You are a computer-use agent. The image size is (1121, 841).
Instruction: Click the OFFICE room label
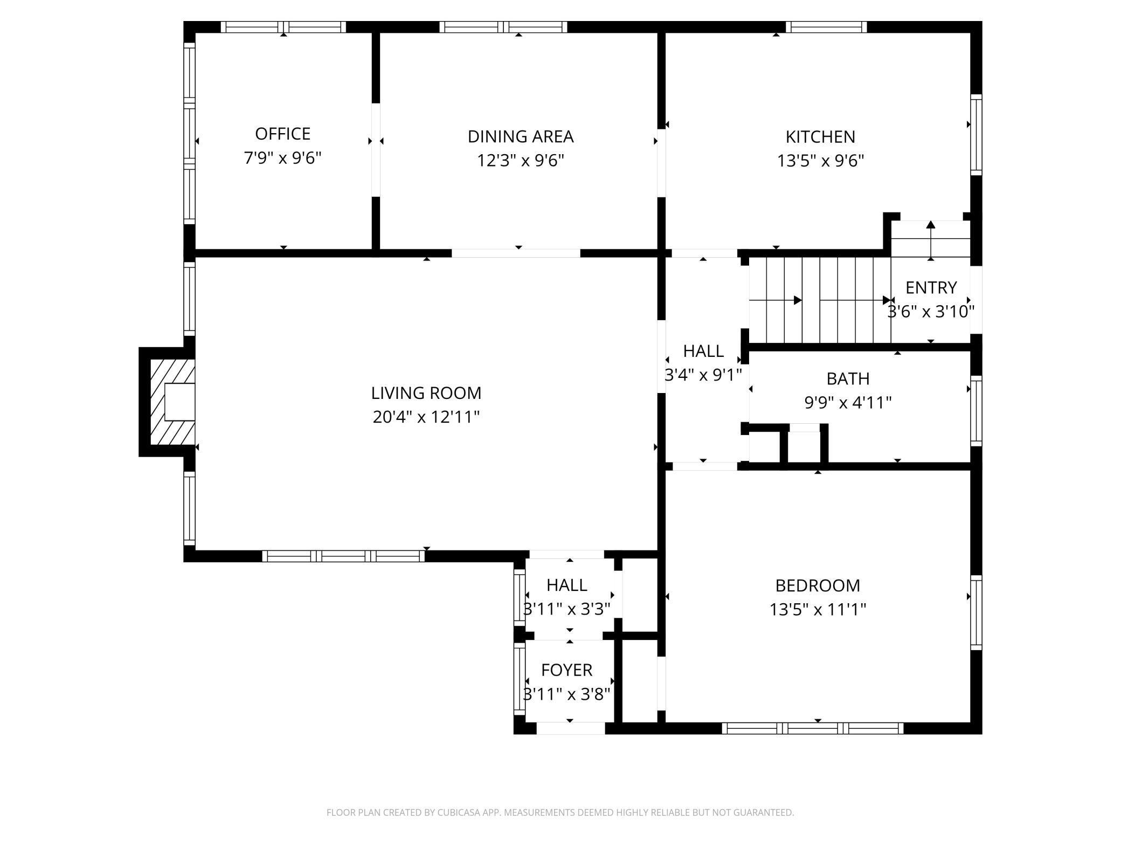click(x=282, y=134)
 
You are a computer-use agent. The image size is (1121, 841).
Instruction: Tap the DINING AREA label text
click(x=521, y=137)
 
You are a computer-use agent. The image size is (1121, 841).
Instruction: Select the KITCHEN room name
click(x=820, y=137)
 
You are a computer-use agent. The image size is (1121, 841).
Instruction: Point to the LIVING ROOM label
click(x=426, y=393)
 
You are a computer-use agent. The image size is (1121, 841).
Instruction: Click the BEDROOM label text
click(x=818, y=585)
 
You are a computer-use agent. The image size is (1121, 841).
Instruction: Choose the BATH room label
click(x=848, y=379)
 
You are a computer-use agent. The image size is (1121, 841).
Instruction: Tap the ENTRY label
click(x=931, y=288)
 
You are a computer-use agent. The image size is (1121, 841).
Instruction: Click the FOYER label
click(x=566, y=670)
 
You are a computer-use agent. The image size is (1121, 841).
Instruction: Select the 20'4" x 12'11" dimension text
click(x=426, y=417)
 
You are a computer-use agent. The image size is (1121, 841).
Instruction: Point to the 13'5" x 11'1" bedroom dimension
click(x=818, y=610)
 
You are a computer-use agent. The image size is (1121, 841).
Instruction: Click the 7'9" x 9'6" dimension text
click(x=282, y=158)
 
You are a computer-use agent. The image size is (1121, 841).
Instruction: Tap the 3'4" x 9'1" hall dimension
click(x=703, y=375)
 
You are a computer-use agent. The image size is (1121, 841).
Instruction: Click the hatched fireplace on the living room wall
click(x=168, y=402)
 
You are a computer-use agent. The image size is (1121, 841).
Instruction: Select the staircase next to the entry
click(x=820, y=300)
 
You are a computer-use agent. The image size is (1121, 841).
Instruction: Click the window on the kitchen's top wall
click(x=826, y=27)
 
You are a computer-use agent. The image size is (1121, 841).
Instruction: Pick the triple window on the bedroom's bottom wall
click(x=813, y=728)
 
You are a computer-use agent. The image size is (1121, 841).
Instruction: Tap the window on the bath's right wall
click(x=976, y=411)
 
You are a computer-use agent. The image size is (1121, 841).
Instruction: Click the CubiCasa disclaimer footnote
click(x=560, y=812)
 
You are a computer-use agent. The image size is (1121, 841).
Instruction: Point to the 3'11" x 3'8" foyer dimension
click(x=566, y=694)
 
